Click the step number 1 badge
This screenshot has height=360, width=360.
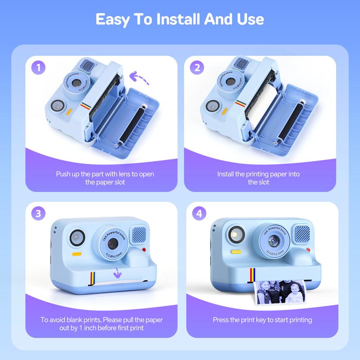[x=38, y=67]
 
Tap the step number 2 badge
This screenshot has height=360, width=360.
[x=197, y=67]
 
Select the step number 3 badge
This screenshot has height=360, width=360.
[x=38, y=213]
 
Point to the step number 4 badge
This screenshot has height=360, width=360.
[x=199, y=213]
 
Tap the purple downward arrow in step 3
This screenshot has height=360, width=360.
[x=117, y=273]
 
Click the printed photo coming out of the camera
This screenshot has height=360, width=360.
[x=279, y=292]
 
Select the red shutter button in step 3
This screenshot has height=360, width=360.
[x=144, y=250]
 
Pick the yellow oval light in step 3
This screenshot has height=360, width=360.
[x=76, y=254]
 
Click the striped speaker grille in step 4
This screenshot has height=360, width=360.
[x=302, y=234]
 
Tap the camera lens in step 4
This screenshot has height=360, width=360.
[x=274, y=241]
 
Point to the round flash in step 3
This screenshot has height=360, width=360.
[x=77, y=238]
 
